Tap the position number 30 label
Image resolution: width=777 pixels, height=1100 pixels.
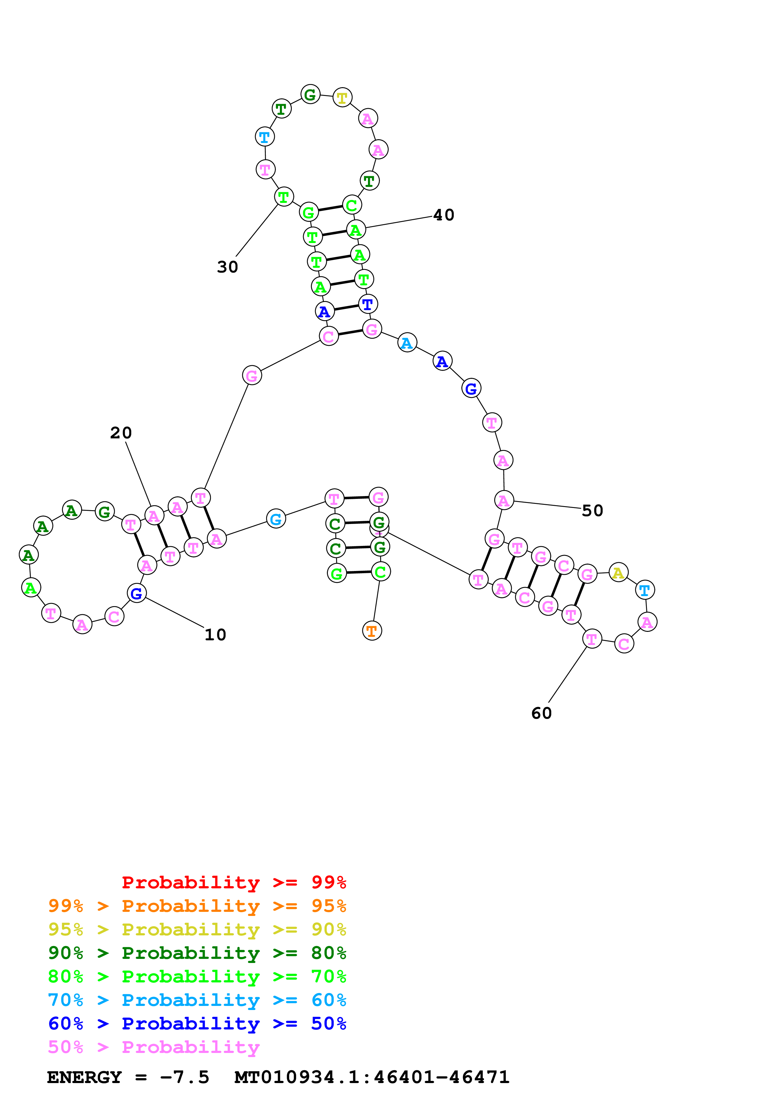coord(228,267)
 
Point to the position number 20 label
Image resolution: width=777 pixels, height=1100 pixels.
coord(121,433)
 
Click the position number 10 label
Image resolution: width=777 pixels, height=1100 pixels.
coord(215,635)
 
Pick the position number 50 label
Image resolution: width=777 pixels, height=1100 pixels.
coord(592,511)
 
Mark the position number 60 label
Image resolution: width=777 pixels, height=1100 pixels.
coord(542,713)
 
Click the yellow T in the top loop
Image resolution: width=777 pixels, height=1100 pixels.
coord(342,98)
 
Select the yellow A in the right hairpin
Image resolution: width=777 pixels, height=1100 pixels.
coord(618,573)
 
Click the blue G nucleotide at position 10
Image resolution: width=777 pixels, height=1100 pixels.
coord(136,593)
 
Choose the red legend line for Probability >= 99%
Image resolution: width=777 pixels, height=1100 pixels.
coord(234,882)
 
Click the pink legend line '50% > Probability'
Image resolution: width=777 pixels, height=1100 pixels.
coord(153,1047)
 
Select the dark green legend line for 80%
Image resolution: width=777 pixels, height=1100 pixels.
coord(197,953)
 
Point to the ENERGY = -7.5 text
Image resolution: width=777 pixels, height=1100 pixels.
coord(128,1077)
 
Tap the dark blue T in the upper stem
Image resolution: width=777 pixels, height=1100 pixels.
coord(368,304)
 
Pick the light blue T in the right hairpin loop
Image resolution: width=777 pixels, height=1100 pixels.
coord(644,590)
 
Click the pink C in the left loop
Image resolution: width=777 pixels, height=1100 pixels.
coord(114,616)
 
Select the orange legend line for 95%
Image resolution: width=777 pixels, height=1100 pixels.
coord(197,906)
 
